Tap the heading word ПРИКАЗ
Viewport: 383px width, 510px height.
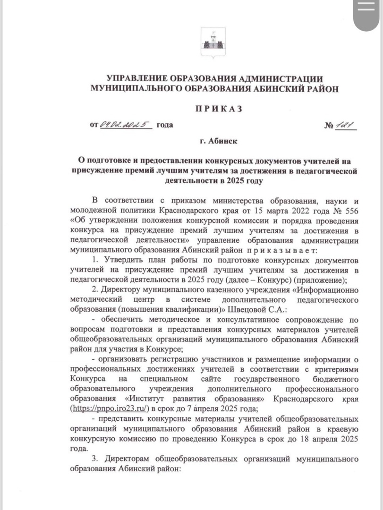[x=218, y=109]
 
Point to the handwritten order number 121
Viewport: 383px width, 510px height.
[x=346, y=125]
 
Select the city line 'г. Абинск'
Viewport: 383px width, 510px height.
[x=219, y=141]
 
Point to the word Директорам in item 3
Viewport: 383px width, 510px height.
[x=128, y=459]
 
